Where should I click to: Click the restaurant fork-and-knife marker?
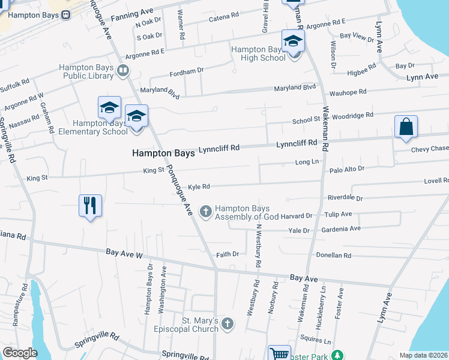90,206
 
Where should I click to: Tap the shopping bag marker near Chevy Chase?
406,127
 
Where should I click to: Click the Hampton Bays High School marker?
293,42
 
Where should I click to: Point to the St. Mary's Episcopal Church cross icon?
227,324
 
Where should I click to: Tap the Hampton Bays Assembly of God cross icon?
206,211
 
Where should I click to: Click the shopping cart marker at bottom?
279,355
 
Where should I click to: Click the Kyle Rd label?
199,187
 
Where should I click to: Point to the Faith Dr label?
228,254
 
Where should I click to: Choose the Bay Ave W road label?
124,254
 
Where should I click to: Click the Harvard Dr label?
301,215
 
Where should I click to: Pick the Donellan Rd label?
334,255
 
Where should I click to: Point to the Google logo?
20,352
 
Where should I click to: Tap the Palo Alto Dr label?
347,170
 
